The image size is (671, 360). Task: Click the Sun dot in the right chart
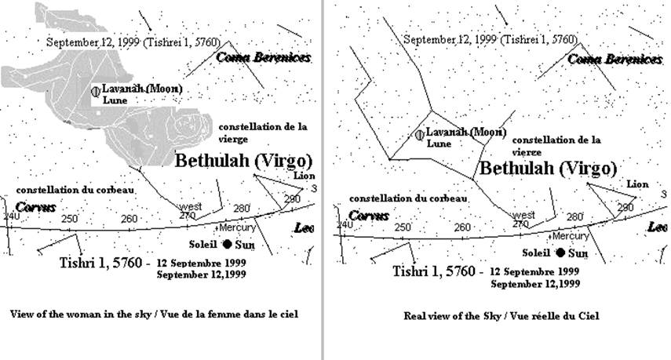click(x=560, y=253)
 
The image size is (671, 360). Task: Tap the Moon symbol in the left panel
click(x=96, y=92)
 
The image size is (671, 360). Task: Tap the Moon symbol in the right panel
click(x=420, y=135)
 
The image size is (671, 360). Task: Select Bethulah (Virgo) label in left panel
click(x=243, y=161)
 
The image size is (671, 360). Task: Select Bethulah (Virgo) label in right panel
click(x=547, y=169)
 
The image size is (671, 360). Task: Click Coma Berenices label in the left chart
click(x=264, y=56)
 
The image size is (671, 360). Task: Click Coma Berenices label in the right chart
click(x=614, y=59)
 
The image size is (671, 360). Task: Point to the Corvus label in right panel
click(x=369, y=215)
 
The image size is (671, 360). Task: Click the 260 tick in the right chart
click(x=463, y=227)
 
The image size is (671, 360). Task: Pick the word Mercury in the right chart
click(x=571, y=235)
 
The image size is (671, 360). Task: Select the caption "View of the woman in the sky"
click(x=155, y=314)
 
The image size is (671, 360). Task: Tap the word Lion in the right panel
click(x=637, y=184)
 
